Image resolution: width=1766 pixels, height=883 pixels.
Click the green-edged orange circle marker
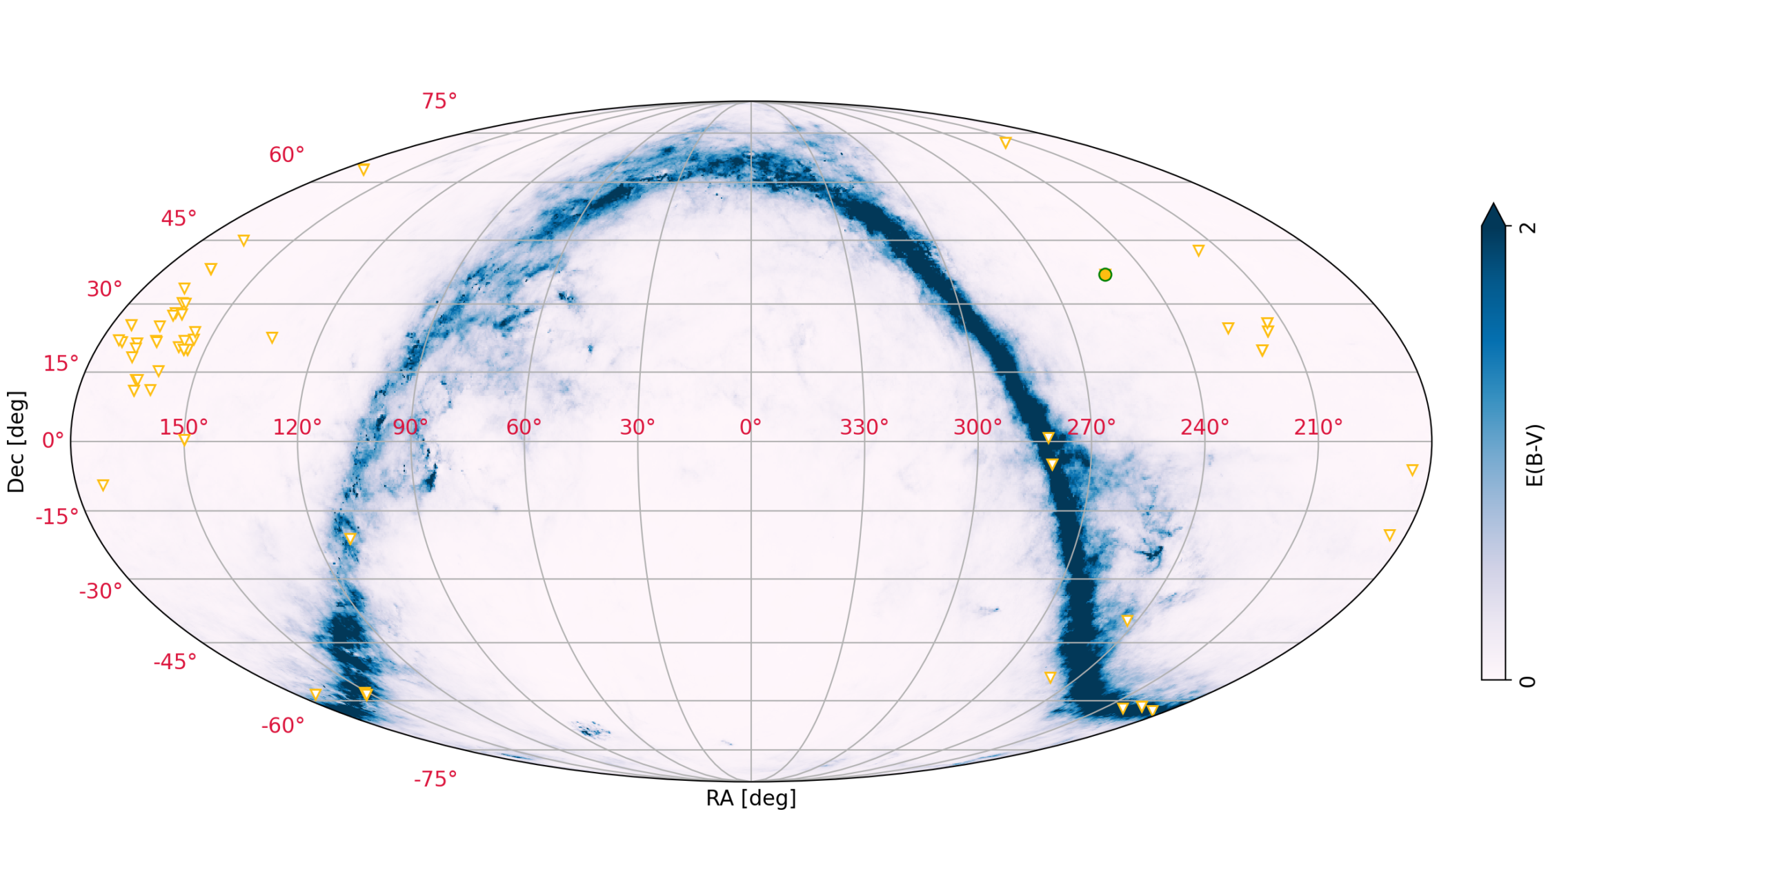click(x=1104, y=275)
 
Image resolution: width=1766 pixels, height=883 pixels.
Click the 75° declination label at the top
click(x=439, y=101)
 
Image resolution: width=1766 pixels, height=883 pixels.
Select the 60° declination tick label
click(x=286, y=155)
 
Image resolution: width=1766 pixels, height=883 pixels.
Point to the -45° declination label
click(x=175, y=662)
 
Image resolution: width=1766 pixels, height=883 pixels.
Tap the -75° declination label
click(x=435, y=780)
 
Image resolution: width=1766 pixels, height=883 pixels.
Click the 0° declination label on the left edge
click(x=53, y=440)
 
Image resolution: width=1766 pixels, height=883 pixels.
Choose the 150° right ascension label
click(x=183, y=427)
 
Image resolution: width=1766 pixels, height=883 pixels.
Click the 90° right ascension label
click(x=410, y=427)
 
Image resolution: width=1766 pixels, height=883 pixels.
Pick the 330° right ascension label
click(x=864, y=427)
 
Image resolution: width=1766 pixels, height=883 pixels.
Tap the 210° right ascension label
click(x=1318, y=427)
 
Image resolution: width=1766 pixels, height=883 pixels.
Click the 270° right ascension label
click(x=1091, y=427)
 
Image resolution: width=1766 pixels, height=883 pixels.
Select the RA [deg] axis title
click(x=751, y=798)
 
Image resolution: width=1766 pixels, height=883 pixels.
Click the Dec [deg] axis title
click(x=16, y=441)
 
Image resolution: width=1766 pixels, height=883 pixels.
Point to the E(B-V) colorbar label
click(x=1534, y=455)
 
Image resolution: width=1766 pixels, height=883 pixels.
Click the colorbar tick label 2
click(x=1528, y=227)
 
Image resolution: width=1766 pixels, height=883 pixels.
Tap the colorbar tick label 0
click(x=1528, y=682)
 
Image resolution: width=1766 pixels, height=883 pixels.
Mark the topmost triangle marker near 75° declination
click(x=1005, y=143)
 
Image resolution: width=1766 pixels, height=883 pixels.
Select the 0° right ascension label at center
click(x=751, y=427)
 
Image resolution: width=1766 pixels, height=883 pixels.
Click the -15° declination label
click(x=57, y=517)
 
